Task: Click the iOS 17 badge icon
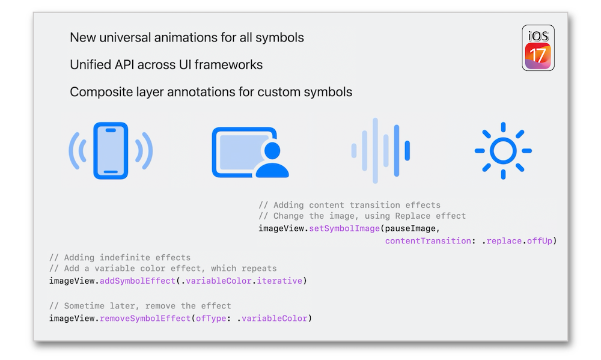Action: click(x=538, y=48)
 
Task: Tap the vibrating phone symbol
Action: click(x=111, y=151)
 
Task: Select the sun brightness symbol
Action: click(x=503, y=151)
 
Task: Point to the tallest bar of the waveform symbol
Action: click(x=375, y=151)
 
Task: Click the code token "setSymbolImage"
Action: click(x=344, y=228)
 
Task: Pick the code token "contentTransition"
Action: click(x=428, y=241)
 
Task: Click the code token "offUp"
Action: click(x=539, y=241)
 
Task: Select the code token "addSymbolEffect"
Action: click(x=138, y=281)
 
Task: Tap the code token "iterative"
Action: click(x=279, y=281)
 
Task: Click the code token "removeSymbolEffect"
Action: click(x=145, y=319)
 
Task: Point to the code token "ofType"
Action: click(x=211, y=319)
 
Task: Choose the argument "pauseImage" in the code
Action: click(x=410, y=228)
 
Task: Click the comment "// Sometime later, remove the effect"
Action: click(x=140, y=306)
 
